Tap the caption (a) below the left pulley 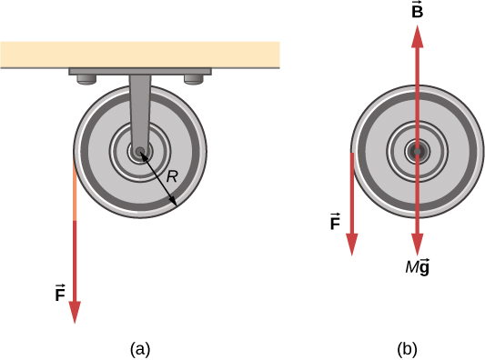139,347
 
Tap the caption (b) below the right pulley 407,347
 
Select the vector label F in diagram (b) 335,220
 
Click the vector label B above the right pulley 417,11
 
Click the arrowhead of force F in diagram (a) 75,311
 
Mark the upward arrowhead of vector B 417,35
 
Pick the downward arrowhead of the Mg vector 417,245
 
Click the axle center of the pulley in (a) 139,153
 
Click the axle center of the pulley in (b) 417,152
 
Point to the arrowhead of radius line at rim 176,205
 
